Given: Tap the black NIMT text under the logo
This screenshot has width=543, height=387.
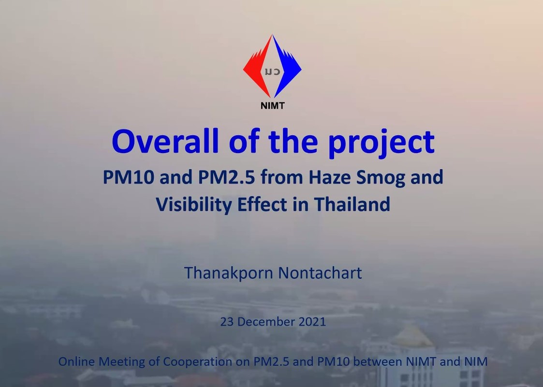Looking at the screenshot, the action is pos(273,106).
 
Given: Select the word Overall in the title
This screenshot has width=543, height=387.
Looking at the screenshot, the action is pos(165,141).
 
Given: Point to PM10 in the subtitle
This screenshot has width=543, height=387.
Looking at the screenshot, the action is pos(129,177).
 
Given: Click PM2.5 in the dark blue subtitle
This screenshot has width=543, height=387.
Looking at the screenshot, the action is pos(226,177).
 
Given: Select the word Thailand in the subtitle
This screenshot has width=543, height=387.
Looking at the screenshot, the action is pos(352,204).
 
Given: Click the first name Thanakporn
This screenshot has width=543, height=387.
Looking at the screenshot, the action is pos(229,273).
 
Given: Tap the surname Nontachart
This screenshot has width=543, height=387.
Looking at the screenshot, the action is pos(320,273).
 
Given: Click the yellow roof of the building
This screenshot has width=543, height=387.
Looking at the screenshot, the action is pos(412,336).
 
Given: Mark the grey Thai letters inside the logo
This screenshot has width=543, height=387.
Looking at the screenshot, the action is pos(272,72).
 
